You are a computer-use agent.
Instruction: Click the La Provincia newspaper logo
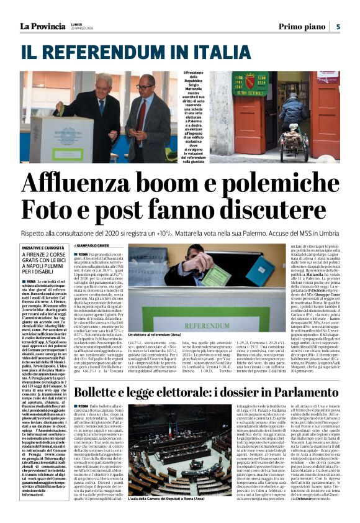[42, 26]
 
